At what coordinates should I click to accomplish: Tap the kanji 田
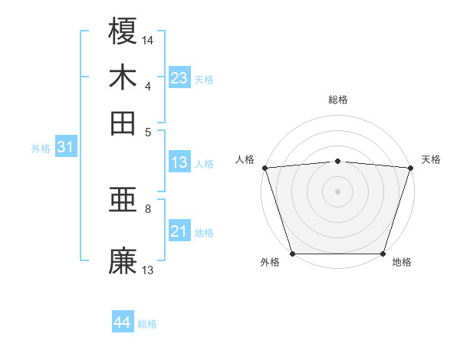click(123, 123)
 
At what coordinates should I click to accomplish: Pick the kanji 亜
click(123, 201)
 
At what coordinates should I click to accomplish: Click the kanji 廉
click(123, 260)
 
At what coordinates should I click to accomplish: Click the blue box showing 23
click(179, 77)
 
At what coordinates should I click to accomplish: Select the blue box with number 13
click(179, 162)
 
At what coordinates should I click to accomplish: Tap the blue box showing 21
click(179, 231)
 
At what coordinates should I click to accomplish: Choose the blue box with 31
click(64, 148)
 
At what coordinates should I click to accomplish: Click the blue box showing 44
click(122, 322)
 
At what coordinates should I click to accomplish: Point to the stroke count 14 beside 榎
click(148, 39)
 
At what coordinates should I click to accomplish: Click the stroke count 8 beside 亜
click(148, 208)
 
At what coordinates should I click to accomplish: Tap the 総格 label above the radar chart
click(337, 100)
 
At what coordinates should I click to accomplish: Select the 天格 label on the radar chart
click(431, 159)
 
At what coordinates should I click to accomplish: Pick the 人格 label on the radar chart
click(245, 159)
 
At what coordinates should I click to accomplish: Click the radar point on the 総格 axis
click(337, 161)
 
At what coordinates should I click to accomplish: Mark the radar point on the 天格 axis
click(411, 168)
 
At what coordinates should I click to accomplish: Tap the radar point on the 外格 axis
click(292, 254)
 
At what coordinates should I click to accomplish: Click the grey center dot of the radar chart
click(337, 191)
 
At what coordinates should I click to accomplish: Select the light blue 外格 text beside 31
click(40, 149)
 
